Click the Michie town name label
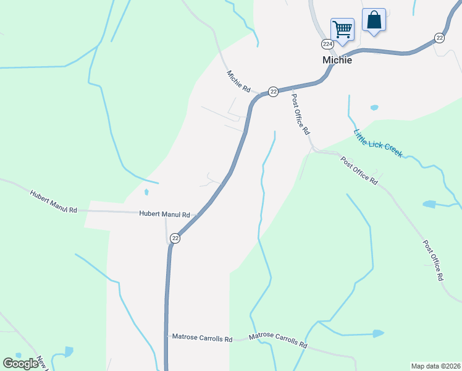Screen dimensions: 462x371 (x=337, y=60)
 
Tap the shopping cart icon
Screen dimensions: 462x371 (x=342, y=28)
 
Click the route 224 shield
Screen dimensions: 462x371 (x=327, y=44)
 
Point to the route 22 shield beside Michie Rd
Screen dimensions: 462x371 (x=273, y=91)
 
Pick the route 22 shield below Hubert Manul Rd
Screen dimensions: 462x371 (x=175, y=238)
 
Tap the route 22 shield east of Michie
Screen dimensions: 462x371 (x=439, y=38)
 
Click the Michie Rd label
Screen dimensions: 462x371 (x=238, y=81)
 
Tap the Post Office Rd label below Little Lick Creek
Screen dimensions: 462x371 (x=359, y=170)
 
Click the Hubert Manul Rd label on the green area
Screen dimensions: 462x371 (x=54, y=202)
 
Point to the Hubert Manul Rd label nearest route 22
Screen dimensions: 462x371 (x=164, y=214)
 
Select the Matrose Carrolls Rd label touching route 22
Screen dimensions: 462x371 (x=202, y=338)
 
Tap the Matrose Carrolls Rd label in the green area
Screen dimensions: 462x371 (x=278, y=340)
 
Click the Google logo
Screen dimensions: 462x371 (x=20, y=364)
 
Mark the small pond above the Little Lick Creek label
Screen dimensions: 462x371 (x=374, y=108)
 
